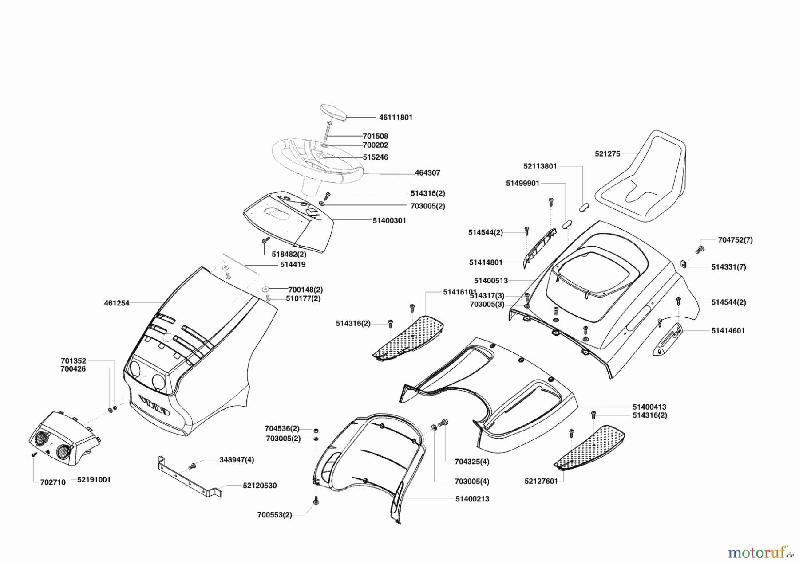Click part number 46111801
(396, 117)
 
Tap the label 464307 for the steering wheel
(427, 173)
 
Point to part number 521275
(607, 154)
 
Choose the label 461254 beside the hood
(117, 303)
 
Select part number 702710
(53, 482)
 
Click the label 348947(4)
(237, 460)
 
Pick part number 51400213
(472, 499)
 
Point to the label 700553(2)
(274, 515)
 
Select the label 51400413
(649, 407)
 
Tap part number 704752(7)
(735, 240)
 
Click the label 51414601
(728, 330)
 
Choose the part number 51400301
(389, 220)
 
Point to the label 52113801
(540, 166)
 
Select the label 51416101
(459, 292)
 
